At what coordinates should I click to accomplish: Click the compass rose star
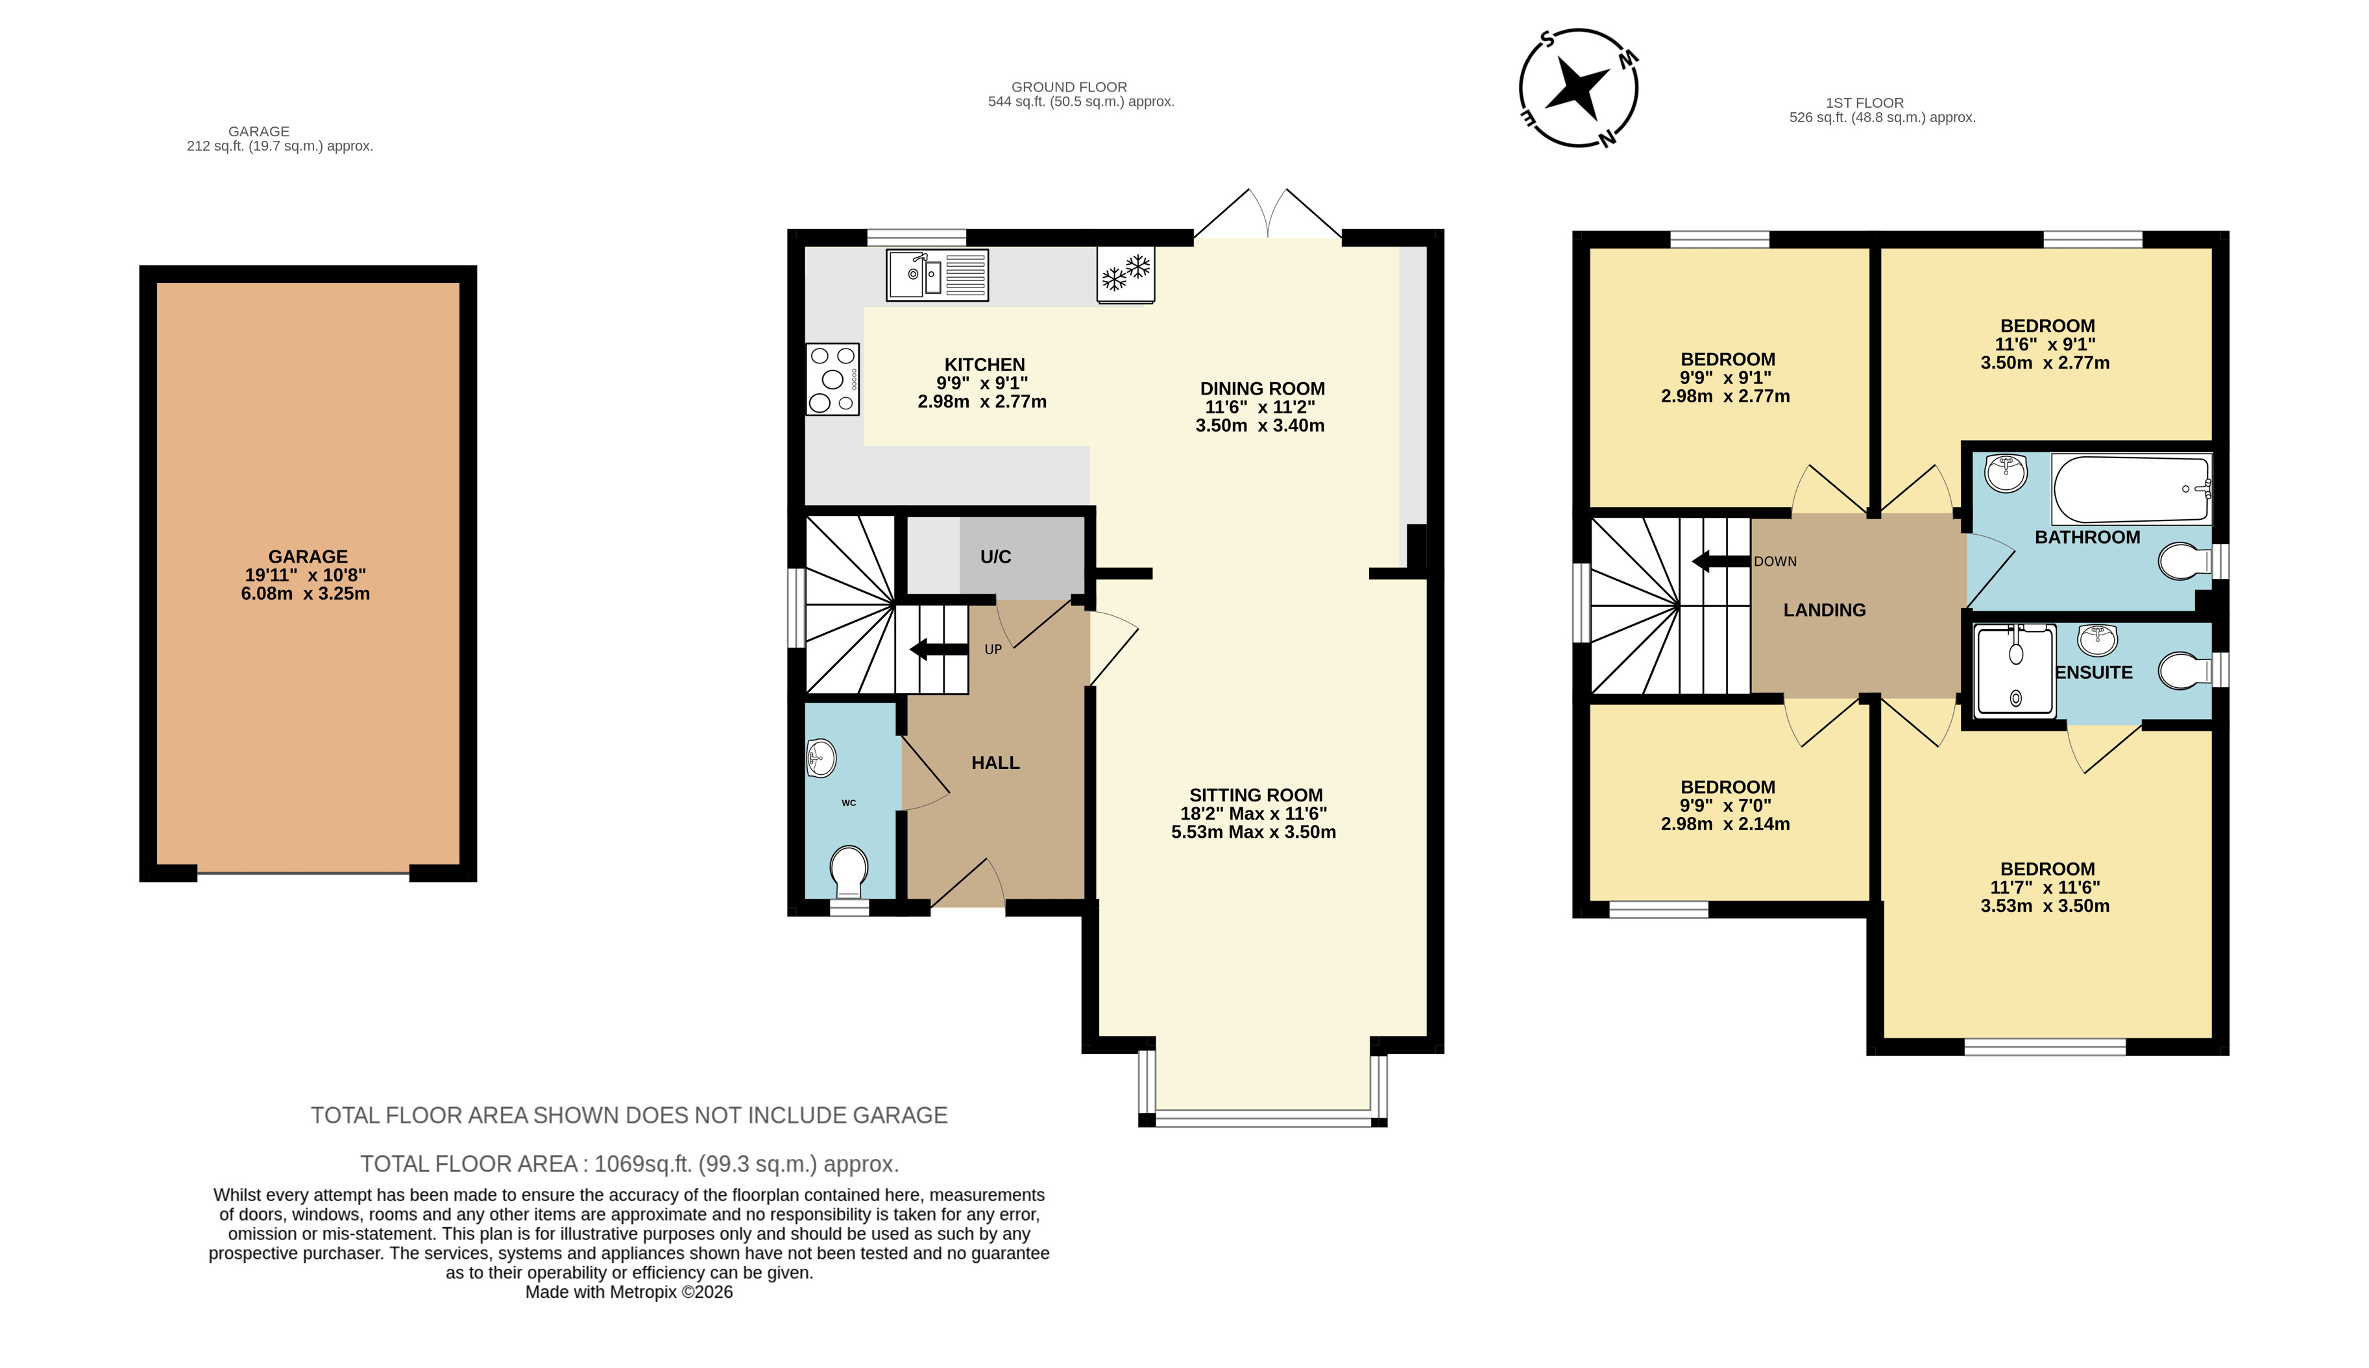(x=1578, y=88)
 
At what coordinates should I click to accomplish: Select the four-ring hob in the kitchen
(x=832, y=380)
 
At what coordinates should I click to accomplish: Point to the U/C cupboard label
(x=996, y=557)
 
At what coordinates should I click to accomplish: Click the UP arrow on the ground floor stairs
(x=940, y=649)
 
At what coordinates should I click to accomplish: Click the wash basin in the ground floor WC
(x=820, y=758)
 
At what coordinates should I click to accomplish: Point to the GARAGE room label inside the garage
(x=308, y=557)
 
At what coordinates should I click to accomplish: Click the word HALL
(x=996, y=763)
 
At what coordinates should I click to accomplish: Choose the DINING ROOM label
(x=1263, y=389)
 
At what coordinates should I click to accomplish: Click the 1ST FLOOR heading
(x=1865, y=103)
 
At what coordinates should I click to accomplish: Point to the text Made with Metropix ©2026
(x=629, y=1292)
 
